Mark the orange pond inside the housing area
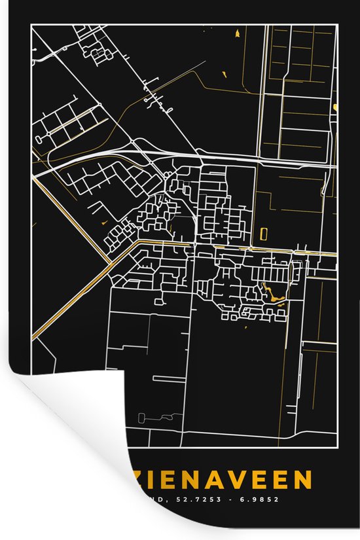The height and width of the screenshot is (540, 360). pos(272,294)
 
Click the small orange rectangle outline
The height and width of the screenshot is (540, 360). pos(264,233)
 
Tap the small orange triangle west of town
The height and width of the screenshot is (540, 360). pos(104,223)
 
